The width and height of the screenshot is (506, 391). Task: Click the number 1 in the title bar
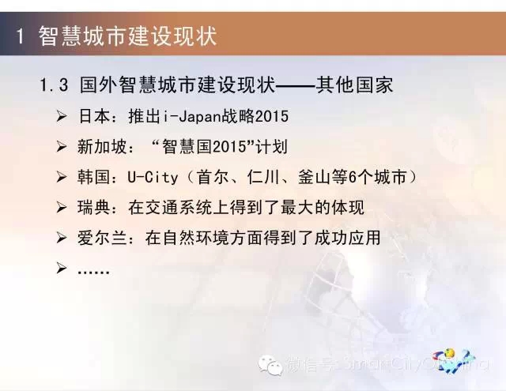click(x=20, y=36)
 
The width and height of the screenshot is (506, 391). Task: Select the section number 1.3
click(x=54, y=85)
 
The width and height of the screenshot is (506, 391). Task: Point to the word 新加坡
click(x=101, y=146)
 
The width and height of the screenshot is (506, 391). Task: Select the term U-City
click(x=153, y=177)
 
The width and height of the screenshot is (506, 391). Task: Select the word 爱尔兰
click(x=101, y=238)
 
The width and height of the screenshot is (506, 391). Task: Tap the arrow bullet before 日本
click(x=62, y=116)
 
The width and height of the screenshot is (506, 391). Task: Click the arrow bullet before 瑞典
click(x=62, y=207)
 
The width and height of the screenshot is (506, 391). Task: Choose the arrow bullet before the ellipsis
click(x=62, y=269)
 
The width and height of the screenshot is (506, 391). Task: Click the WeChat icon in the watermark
click(x=270, y=365)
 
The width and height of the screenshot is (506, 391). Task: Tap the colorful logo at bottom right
click(x=455, y=360)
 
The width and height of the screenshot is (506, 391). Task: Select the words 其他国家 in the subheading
click(x=354, y=85)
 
